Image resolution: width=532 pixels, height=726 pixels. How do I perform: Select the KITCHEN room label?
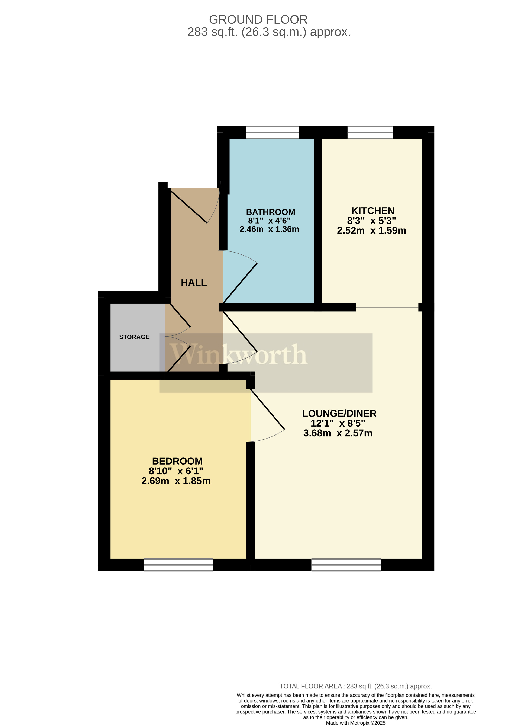[373, 211]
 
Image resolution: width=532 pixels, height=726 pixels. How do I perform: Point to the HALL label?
[194, 282]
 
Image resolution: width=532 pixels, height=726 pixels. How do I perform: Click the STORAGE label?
[134, 337]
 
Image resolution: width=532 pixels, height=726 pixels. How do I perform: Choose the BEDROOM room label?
[177, 461]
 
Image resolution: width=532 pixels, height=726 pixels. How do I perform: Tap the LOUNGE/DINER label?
[339, 413]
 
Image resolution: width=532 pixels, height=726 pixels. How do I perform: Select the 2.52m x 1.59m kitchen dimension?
[371, 230]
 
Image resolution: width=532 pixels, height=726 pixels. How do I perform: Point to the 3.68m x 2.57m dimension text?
[338, 433]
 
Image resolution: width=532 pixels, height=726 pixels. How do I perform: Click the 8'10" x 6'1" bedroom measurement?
[176, 471]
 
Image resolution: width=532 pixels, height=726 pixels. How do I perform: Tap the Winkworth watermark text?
[239, 354]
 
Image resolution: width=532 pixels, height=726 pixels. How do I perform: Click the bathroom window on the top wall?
[273, 132]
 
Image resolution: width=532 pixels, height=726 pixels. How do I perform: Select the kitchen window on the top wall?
[370, 132]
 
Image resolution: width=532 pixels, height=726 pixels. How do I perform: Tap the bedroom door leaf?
[268, 409]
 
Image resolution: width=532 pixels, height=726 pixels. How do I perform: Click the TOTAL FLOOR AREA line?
[355, 686]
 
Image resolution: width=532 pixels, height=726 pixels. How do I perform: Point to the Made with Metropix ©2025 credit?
[355, 723]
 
